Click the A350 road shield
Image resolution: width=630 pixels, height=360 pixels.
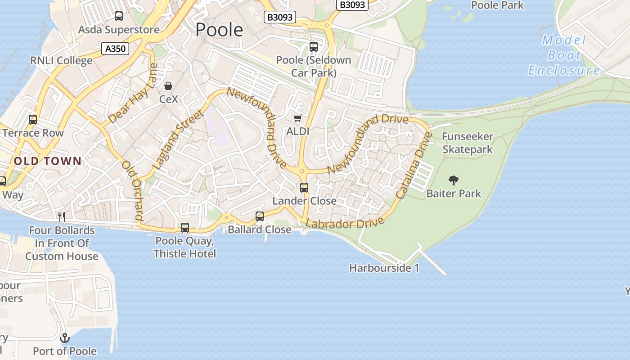click(x=115, y=49)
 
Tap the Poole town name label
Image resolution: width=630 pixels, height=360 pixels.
click(x=219, y=30)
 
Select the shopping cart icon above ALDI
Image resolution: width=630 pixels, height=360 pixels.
click(x=297, y=118)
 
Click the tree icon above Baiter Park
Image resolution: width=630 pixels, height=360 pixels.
click(x=454, y=180)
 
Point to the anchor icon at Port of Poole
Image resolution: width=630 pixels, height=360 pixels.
click(x=65, y=337)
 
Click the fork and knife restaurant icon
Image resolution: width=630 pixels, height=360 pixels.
click(x=62, y=217)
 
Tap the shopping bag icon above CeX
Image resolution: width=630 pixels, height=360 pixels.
click(x=168, y=85)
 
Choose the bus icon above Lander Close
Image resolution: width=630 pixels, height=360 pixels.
click(x=304, y=187)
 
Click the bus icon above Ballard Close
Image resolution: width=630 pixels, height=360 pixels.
click(x=260, y=216)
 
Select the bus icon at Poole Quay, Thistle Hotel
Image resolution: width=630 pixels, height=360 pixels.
click(x=185, y=228)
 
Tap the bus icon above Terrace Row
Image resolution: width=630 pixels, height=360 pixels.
click(x=33, y=120)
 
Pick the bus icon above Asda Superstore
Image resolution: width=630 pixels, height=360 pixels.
click(x=119, y=17)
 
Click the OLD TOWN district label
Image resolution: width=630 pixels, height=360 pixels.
click(x=48, y=161)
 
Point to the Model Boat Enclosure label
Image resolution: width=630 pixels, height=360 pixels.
click(x=564, y=55)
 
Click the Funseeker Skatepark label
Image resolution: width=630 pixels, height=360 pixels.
click(x=468, y=143)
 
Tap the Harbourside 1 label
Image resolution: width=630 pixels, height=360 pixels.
click(x=384, y=268)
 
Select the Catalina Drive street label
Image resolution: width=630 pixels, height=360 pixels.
click(x=414, y=166)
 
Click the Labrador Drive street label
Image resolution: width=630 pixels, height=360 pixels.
click(x=345, y=223)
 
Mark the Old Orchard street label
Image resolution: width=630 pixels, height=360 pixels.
click(x=132, y=190)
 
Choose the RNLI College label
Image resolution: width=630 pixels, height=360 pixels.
click(x=61, y=60)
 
